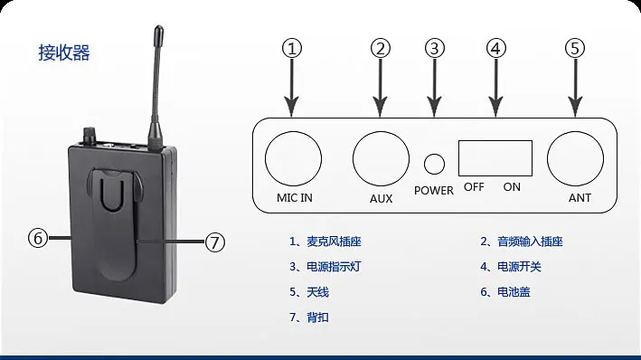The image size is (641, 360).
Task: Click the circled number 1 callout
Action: [x=292, y=48]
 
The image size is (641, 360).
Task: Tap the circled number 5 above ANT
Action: [x=575, y=48]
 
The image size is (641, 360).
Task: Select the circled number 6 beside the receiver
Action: [x=38, y=238]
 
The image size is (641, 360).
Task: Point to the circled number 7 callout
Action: [x=214, y=242]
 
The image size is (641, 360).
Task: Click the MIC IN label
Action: [x=295, y=197]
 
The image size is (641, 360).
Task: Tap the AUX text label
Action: [x=381, y=198]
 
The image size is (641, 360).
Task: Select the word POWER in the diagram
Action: [x=434, y=191]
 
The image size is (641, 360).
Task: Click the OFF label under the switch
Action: [x=474, y=187]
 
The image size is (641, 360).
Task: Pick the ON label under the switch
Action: [x=512, y=187]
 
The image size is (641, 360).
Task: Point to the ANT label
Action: [x=580, y=197]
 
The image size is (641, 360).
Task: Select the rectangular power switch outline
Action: [x=495, y=141]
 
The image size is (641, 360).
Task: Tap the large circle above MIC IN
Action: [x=293, y=132]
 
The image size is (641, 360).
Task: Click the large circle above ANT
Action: [x=575, y=132]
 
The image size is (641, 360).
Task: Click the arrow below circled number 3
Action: [x=434, y=88]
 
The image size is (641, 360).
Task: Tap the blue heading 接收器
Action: [x=64, y=52]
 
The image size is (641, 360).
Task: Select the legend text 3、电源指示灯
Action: [x=325, y=267]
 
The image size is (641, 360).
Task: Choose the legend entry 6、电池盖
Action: [x=505, y=292]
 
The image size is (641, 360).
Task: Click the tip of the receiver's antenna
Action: [x=158, y=27]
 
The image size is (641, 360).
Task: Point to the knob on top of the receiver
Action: [x=90, y=136]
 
